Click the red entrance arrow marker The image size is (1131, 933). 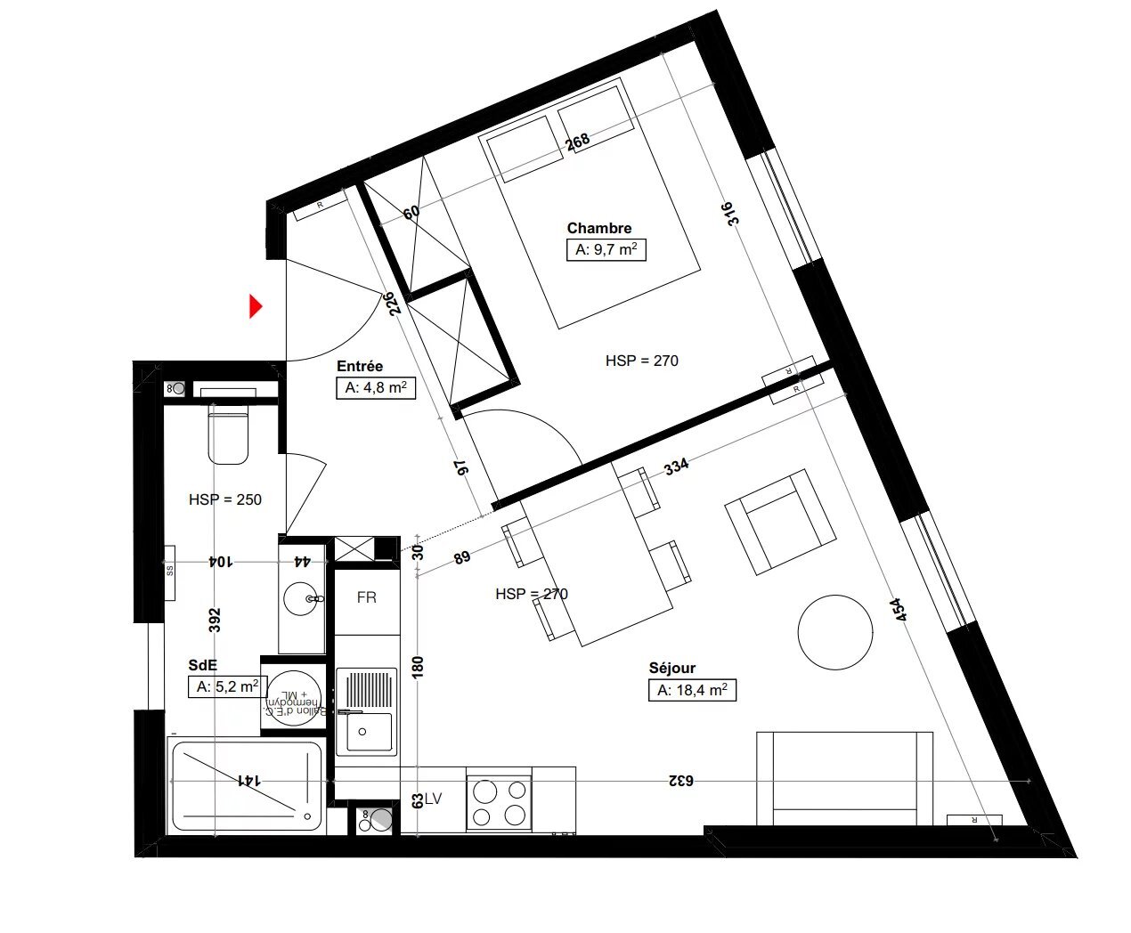(x=255, y=306)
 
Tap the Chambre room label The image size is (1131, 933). (x=598, y=228)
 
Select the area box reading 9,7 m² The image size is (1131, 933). (x=606, y=250)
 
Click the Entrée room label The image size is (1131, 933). (x=360, y=366)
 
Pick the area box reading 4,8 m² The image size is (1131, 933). (x=375, y=387)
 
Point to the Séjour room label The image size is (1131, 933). (x=671, y=668)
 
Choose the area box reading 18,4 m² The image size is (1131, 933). (x=692, y=690)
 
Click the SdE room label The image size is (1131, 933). (x=202, y=665)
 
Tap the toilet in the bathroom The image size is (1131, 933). (x=228, y=434)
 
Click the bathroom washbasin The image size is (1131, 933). (x=303, y=599)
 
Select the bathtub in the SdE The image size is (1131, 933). (x=245, y=785)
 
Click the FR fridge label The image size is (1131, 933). (x=366, y=597)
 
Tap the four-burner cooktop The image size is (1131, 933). (x=499, y=802)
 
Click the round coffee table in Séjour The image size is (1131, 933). (x=834, y=632)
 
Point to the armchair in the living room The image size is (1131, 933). (x=781, y=523)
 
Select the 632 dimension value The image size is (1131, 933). (x=680, y=781)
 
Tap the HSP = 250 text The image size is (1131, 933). (x=225, y=499)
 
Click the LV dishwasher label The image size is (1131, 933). (x=433, y=799)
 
